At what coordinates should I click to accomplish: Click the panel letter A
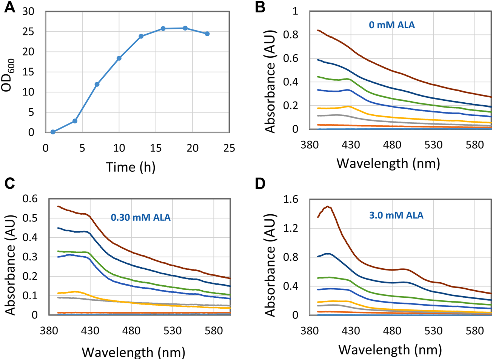10,7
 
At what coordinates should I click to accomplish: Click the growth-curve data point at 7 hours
97,84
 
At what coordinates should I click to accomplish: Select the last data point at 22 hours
207,34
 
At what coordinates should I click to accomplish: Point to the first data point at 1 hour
53,132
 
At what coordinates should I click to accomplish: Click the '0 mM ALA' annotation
391,25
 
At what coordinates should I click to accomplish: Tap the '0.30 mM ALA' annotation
140,217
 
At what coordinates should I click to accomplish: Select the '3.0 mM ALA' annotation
396,215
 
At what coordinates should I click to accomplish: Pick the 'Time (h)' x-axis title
131,166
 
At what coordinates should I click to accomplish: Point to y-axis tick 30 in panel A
28,12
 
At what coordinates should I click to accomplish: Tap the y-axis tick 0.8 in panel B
290,35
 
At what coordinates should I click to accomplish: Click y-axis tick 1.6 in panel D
290,199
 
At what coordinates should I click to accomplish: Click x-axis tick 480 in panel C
131,331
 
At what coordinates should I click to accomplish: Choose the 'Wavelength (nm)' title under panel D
390,349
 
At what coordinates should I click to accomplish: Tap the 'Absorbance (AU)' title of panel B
270,81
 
